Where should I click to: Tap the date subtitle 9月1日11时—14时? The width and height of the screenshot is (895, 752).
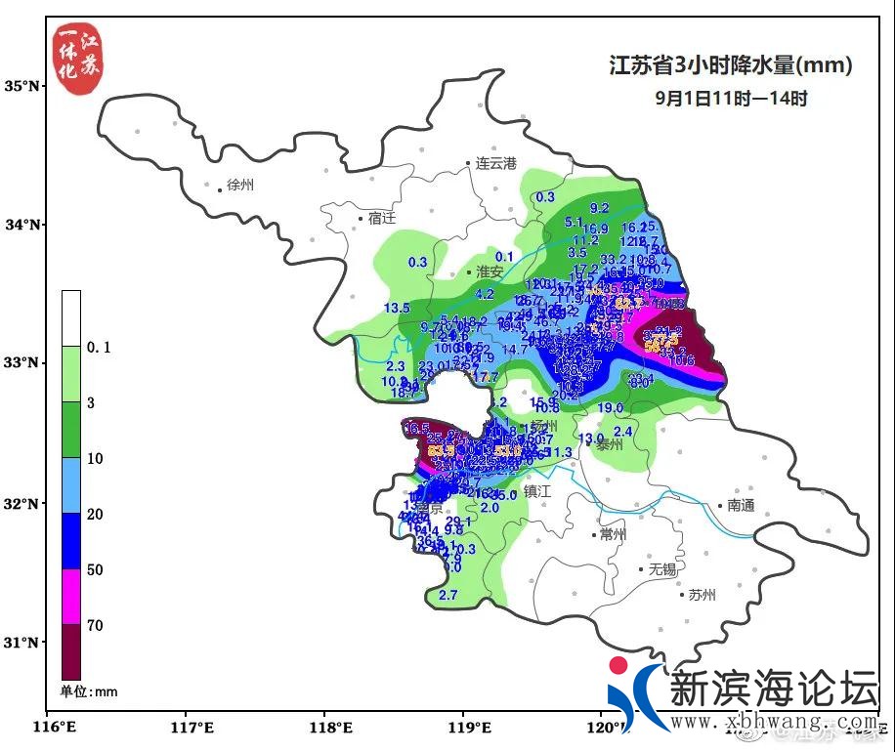tap(731, 98)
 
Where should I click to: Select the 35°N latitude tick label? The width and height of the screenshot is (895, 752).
tap(21, 86)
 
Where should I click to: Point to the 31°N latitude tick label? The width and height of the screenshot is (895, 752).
tap(21, 642)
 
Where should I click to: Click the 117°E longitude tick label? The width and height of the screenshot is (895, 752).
tap(192, 727)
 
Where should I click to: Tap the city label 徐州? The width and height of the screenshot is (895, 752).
tap(239, 185)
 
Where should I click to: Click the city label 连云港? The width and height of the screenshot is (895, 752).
tap(495, 163)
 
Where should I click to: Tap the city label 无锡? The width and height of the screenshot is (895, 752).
tap(662, 568)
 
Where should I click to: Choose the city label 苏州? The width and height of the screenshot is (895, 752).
tap(702, 594)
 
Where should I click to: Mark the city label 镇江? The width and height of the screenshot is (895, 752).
tap(537, 491)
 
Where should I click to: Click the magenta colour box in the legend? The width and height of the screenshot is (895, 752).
tap(71, 596)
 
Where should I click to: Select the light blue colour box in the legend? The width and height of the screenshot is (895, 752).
tap(71, 485)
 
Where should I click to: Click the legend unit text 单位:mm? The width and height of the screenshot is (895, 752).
tap(89, 691)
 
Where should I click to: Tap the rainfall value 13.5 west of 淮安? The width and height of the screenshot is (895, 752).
tap(397, 308)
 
